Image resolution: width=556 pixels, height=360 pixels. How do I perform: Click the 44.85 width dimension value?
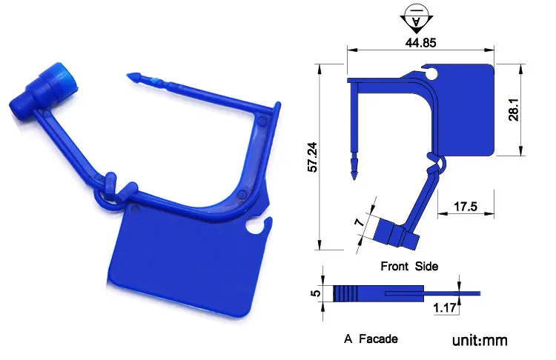coord(420,43)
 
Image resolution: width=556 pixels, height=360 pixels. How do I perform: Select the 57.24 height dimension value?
coord(312,157)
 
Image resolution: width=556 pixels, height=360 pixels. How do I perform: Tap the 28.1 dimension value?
coord(514,110)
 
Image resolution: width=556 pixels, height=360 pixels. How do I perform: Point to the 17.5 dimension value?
coord(466,206)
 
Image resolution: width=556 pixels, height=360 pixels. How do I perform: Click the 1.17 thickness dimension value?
coord(445,307)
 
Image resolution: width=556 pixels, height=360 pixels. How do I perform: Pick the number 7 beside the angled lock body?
coord(360,222)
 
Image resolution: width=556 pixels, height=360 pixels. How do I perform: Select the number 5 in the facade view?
coord(316,293)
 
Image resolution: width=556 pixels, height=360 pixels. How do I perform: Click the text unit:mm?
coord(480,341)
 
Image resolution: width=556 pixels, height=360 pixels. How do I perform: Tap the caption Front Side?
coord(409,266)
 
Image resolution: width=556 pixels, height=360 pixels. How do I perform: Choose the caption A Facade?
coord(371,339)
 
